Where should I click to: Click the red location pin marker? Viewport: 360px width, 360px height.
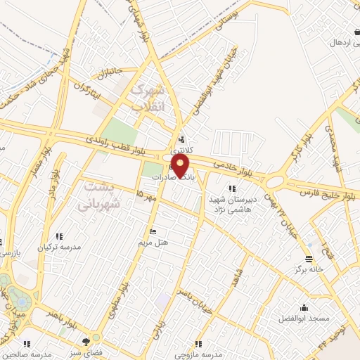181,166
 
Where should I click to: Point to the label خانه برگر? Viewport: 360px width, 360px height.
309,269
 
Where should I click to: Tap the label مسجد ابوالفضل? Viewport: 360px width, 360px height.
303,319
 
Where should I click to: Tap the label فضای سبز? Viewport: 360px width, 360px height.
91,349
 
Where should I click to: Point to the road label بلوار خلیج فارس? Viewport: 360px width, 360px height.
331,191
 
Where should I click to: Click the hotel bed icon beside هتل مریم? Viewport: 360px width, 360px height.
152,232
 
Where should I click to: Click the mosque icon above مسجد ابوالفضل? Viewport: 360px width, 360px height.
303,308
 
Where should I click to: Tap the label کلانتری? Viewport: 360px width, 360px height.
181,149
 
